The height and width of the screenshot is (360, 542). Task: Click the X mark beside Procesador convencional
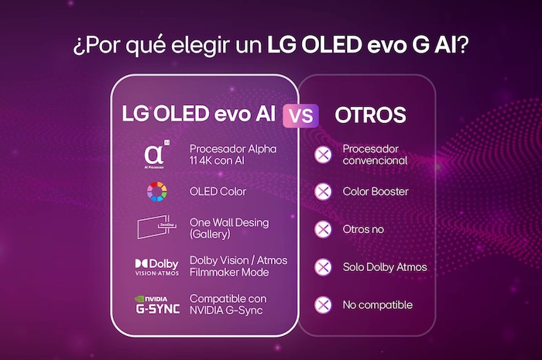[x=323, y=154]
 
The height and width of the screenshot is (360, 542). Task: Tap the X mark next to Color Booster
[x=323, y=191]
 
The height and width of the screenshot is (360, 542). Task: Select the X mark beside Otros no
[x=323, y=229]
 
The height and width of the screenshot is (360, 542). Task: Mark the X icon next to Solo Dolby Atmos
[x=323, y=267]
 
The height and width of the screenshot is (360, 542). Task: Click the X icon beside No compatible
[x=323, y=305]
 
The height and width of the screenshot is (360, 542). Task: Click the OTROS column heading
[x=370, y=115]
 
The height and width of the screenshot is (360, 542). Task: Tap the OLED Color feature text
[x=218, y=191]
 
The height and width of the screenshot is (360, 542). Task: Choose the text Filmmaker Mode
[x=228, y=273]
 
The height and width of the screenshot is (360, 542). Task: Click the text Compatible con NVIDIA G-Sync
[x=228, y=304]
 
